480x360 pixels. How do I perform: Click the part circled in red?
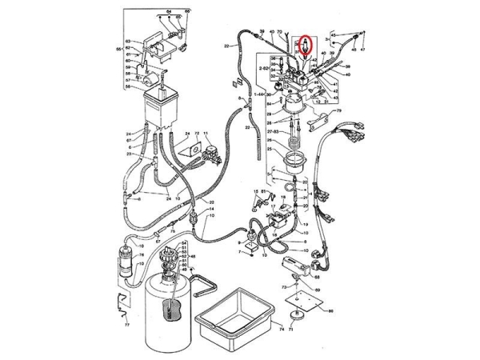[304, 45]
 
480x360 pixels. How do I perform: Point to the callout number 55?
[119, 50]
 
